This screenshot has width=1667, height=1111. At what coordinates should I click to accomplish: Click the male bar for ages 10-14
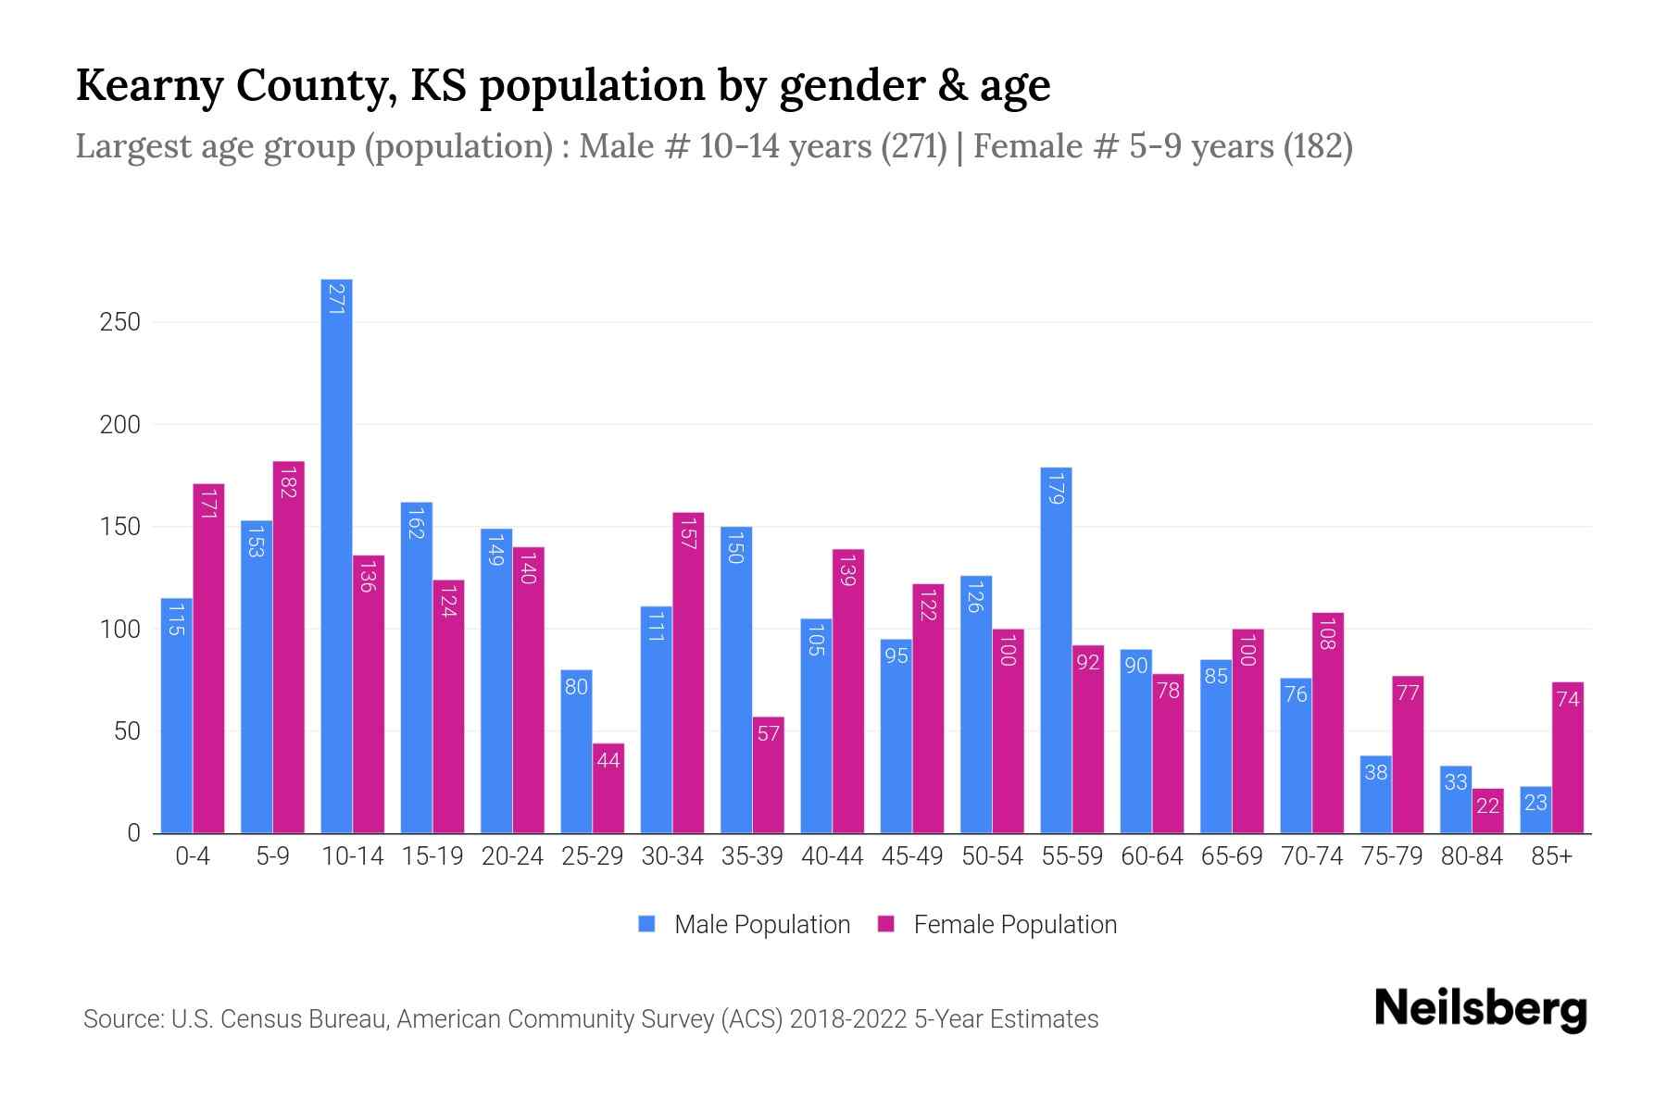(x=336, y=555)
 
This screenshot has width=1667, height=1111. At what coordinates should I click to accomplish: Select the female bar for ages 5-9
(x=288, y=648)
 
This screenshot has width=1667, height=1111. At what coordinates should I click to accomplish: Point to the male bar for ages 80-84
(x=1456, y=800)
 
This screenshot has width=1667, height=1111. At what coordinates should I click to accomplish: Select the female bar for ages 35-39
(x=768, y=775)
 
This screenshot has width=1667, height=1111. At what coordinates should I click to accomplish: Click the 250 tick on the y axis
(x=120, y=322)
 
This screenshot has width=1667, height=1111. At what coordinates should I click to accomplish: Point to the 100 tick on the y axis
(x=120, y=630)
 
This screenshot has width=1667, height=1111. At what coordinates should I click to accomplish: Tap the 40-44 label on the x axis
(x=832, y=856)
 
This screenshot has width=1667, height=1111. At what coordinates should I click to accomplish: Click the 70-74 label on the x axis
(x=1311, y=856)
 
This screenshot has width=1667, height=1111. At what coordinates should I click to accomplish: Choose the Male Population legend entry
(x=744, y=925)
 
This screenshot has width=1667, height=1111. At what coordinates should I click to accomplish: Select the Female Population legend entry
(x=997, y=925)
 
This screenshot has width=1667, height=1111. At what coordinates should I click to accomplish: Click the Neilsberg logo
(x=1480, y=1009)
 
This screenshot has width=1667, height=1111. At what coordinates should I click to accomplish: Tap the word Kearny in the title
(x=148, y=85)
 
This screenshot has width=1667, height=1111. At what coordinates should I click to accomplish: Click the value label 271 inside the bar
(x=336, y=298)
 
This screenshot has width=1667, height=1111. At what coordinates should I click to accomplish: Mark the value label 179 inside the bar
(x=1056, y=488)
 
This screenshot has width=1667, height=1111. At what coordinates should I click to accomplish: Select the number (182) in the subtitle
(x=1318, y=146)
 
